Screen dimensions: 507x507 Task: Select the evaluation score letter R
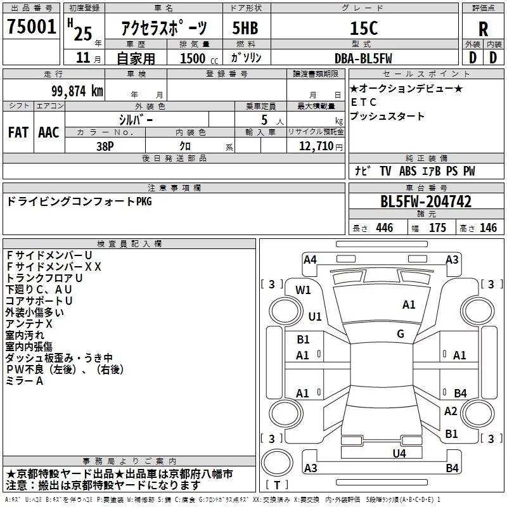[483, 29]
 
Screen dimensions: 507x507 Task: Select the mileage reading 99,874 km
[77, 91]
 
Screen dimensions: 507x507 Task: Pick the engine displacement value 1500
[193, 58]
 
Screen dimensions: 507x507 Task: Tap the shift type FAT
[18, 132]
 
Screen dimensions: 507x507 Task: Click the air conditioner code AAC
[49, 132]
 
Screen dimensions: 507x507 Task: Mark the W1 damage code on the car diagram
[304, 290]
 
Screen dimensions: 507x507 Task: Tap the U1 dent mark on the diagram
[315, 316]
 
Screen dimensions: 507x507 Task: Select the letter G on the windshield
[401, 334]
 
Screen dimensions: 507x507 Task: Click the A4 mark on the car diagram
[310, 259]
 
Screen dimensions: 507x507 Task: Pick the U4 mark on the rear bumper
[399, 453]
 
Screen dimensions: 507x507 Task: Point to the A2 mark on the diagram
[451, 411]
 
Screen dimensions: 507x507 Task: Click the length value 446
[384, 228]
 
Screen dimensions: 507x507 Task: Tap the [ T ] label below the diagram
[278, 485]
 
